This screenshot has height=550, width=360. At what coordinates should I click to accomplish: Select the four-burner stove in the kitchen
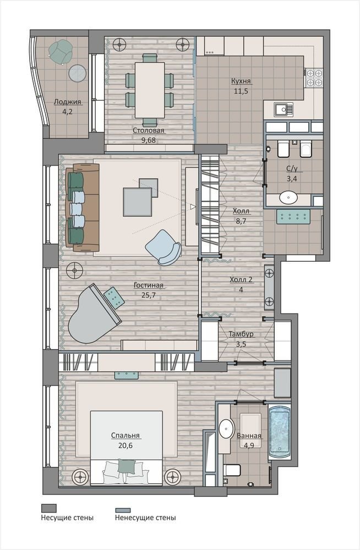[x=314, y=78]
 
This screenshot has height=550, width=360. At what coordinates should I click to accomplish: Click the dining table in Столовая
[x=150, y=90]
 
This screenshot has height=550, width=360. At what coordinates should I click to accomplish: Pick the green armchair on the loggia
[x=61, y=52]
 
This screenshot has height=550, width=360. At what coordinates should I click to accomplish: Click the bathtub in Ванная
[x=280, y=433]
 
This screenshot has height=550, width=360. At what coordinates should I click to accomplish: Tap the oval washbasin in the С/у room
[x=289, y=197]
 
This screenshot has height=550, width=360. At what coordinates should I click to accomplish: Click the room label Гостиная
[x=148, y=285]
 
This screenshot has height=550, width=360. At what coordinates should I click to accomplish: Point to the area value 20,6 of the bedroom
[x=126, y=446]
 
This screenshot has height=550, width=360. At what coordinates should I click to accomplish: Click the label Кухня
[x=241, y=81]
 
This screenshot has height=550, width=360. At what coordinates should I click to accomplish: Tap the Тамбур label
[x=241, y=334]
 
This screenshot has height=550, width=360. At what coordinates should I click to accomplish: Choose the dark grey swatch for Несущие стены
[x=49, y=508]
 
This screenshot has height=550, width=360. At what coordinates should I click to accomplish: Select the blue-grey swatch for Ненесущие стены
[x=123, y=510]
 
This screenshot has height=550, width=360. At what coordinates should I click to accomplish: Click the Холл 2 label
[x=241, y=279]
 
